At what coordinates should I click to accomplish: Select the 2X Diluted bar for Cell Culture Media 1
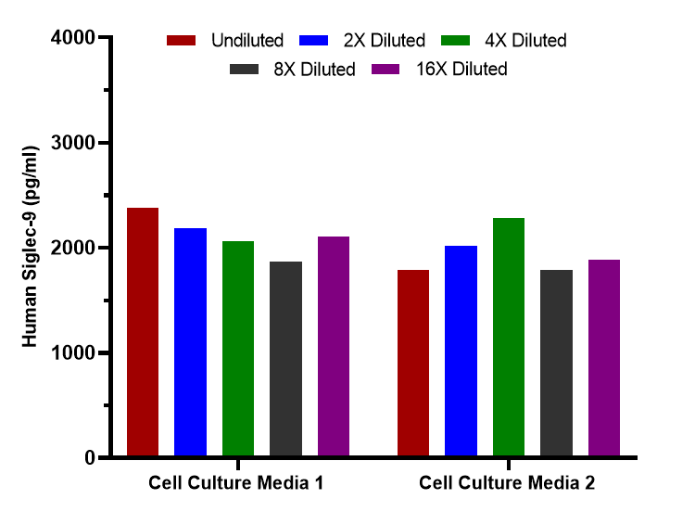coord(190,342)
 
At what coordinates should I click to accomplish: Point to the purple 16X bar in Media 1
coord(334,347)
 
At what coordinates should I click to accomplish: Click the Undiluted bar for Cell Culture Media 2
coord(413,364)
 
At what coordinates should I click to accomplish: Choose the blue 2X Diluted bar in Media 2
coord(461,352)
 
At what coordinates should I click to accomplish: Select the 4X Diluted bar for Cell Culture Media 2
coord(509,338)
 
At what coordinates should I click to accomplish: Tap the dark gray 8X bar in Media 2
coord(556,364)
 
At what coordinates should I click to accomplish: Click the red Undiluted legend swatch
coord(182,40)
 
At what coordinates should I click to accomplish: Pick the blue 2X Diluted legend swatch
coord(316,40)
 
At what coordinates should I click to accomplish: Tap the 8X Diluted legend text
coord(313,70)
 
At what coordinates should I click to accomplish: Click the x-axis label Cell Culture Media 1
coord(236,483)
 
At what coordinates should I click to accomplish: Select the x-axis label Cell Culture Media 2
coord(507,483)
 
